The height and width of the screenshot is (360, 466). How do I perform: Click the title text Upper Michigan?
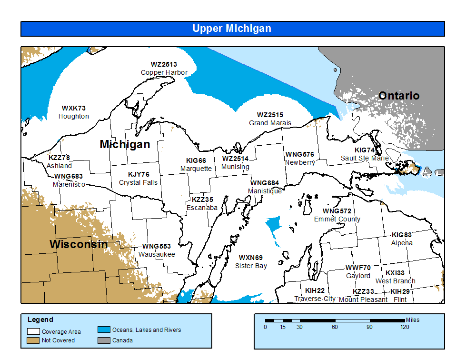click(x=232, y=29)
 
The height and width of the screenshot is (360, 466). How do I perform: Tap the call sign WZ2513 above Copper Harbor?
click(x=164, y=64)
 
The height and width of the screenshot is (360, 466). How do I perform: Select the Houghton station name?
click(x=74, y=116)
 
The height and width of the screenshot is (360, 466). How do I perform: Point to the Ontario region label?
click(x=399, y=96)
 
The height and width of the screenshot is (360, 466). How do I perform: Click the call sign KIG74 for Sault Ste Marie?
click(x=365, y=150)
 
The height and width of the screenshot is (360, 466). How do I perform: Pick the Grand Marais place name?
click(x=270, y=123)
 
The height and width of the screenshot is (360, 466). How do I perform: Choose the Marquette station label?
click(x=196, y=169)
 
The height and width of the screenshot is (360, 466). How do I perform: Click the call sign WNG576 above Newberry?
click(x=300, y=154)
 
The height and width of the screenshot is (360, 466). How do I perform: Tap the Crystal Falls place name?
click(x=138, y=182)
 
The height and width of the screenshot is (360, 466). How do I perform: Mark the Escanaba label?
click(x=202, y=208)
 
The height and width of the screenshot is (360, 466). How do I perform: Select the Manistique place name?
click(x=265, y=191)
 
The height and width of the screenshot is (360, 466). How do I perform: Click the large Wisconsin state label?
click(x=79, y=244)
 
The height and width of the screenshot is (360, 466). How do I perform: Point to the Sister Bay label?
click(x=251, y=266)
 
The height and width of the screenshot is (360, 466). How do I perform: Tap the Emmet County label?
click(x=337, y=219)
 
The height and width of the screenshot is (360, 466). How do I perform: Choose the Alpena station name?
click(x=402, y=243)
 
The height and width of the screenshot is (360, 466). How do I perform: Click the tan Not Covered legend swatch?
click(x=33, y=340)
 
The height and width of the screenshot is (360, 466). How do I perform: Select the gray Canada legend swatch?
click(x=104, y=340)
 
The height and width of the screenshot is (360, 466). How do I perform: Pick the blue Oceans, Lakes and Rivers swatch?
click(x=104, y=330)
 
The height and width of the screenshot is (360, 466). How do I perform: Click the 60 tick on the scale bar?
click(x=335, y=327)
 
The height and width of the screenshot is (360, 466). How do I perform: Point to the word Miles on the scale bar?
click(x=413, y=320)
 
